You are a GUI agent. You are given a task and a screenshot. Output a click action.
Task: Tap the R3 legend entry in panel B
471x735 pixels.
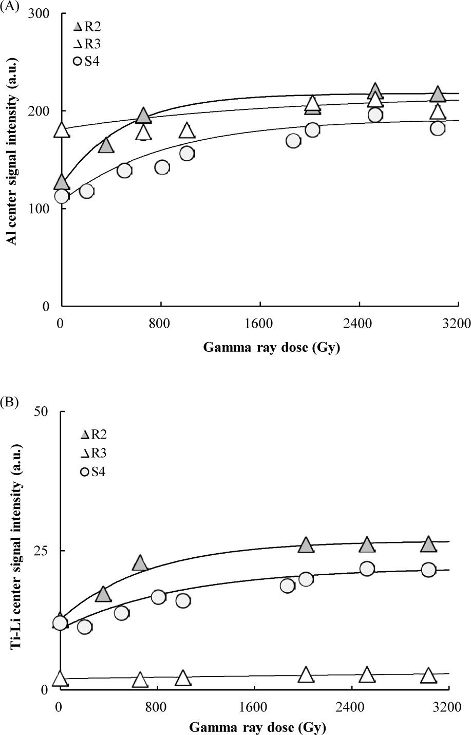pyautogui.click(x=93, y=453)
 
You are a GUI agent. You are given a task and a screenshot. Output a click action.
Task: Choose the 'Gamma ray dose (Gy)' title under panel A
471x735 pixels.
pyautogui.click(x=272, y=348)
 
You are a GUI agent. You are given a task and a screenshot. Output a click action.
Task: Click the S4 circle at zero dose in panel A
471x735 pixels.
pyautogui.click(x=62, y=196)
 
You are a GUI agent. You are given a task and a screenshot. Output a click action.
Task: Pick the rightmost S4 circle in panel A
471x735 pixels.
pyautogui.click(x=438, y=128)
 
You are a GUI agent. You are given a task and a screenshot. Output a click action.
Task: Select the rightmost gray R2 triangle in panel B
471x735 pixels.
pyautogui.click(x=428, y=544)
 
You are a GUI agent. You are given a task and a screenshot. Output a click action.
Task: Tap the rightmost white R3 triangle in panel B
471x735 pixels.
pyautogui.click(x=428, y=676)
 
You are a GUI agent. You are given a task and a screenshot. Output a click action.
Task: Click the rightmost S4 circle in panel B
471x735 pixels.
pyautogui.click(x=428, y=570)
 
